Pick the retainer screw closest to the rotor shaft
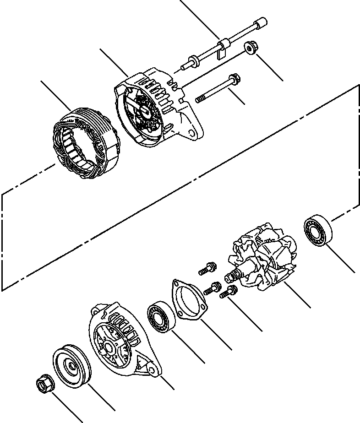click(229, 291)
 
